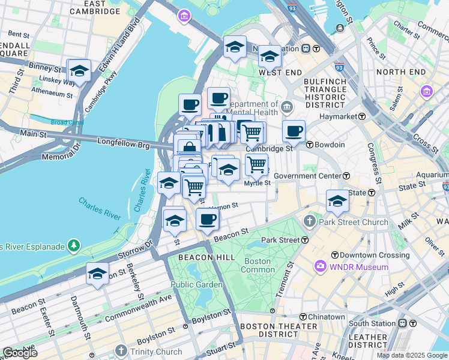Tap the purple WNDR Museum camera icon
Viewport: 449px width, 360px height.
(320, 265)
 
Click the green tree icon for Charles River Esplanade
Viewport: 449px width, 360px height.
(73, 245)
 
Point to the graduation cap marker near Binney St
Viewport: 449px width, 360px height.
(79, 71)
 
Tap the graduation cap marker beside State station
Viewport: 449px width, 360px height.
(337, 202)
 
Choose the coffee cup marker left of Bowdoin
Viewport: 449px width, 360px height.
(294, 131)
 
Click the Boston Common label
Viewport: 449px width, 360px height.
(258, 265)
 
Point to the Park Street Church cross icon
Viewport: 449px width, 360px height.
(310, 222)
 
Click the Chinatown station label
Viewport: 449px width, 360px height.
(327, 317)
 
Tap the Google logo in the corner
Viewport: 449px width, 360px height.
(20, 352)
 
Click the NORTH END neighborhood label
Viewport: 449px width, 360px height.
(401, 72)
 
